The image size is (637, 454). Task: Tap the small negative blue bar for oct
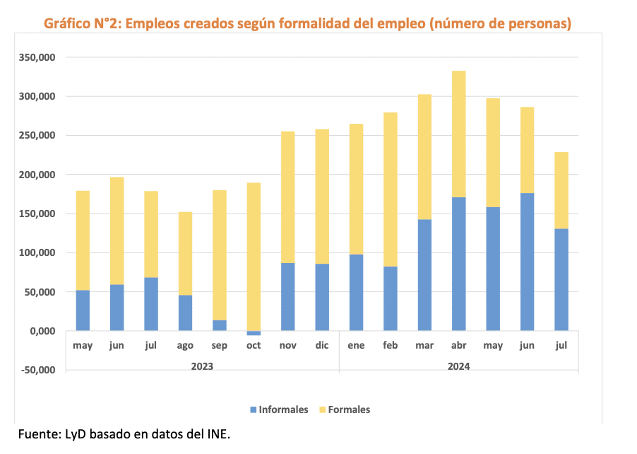click(254, 333)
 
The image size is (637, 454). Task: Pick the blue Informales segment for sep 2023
click(220, 325)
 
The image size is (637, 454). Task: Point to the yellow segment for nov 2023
click(288, 197)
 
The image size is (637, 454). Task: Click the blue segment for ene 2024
click(357, 293)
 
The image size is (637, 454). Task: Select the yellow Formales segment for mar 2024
click(424, 157)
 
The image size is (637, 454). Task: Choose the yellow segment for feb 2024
click(391, 190)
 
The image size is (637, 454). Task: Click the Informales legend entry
click(279, 409)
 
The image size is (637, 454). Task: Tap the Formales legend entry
click(345, 409)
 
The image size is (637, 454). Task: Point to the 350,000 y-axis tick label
click(37, 57)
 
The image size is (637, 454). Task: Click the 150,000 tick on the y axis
click(37, 214)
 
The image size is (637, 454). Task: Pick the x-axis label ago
click(185, 346)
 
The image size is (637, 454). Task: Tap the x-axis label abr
click(459, 346)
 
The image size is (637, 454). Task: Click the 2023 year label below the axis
click(202, 366)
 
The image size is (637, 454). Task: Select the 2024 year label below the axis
click(458, 366)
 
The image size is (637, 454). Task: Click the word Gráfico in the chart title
click(67, 24)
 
